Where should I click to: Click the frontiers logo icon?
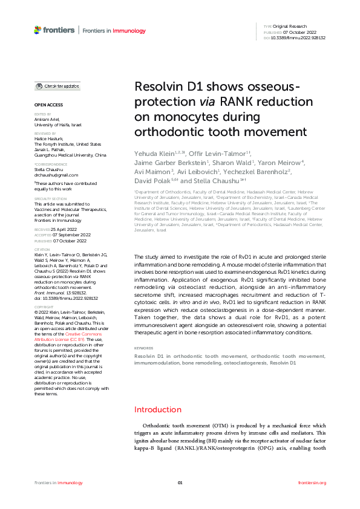[x=38, y=30]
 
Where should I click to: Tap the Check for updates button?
[x=57, y=86]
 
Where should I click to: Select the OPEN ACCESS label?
[x=46, y=105]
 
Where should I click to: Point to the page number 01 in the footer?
[x=180, y=482]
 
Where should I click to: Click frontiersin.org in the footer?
[x=312, y=482]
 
